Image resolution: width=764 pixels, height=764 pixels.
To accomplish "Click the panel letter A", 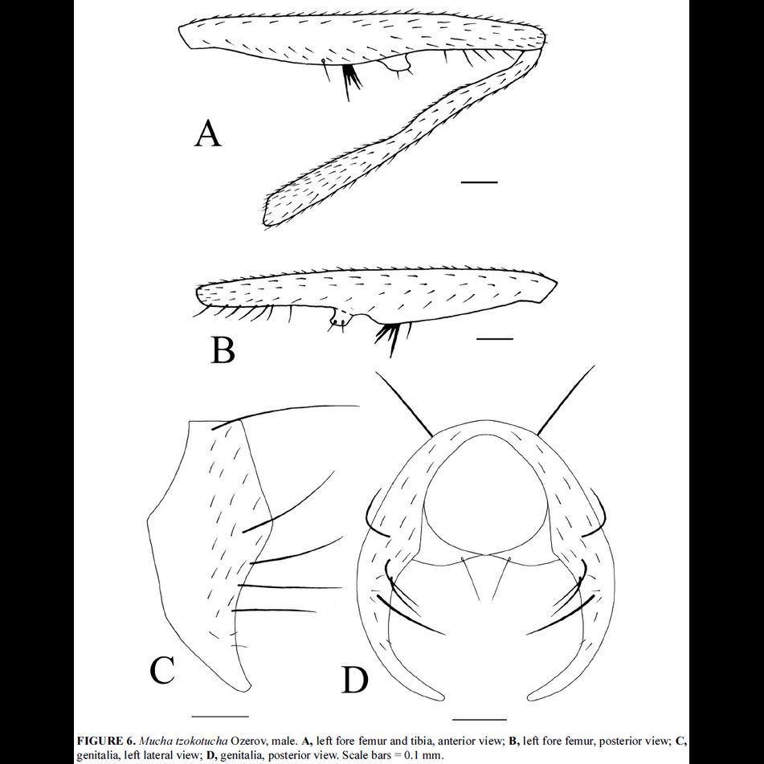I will click(x=207, y=133).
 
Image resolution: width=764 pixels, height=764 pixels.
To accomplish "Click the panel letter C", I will click(x=162, y=669).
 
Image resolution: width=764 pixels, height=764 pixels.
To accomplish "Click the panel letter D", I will click(x=354, y=680).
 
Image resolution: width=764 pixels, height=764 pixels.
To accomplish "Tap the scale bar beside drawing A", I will click(x=480, y=182).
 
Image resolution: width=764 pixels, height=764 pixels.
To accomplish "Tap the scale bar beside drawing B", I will click(x=494, y=339).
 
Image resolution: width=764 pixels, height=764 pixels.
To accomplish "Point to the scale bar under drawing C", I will click(x=221, y=715).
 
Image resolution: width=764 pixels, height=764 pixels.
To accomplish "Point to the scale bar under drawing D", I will click(x=480, y=718).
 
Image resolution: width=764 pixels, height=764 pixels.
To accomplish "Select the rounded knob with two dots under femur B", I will click(x=340, y=321).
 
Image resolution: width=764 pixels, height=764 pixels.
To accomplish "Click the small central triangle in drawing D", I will click(x=487, y=576).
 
